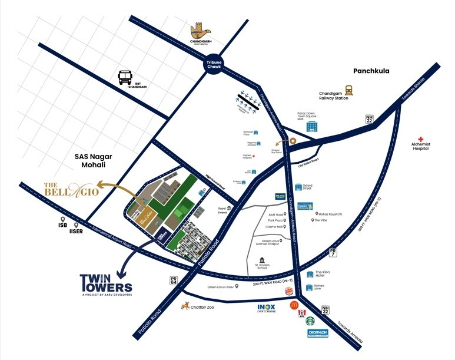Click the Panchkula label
tap(371, 71)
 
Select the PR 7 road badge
tap(333, 252)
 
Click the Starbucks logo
tap(310, 322)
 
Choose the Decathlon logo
tap(317, 333)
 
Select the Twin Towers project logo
tap(106, 283)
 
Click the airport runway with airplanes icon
tap(247, 102)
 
